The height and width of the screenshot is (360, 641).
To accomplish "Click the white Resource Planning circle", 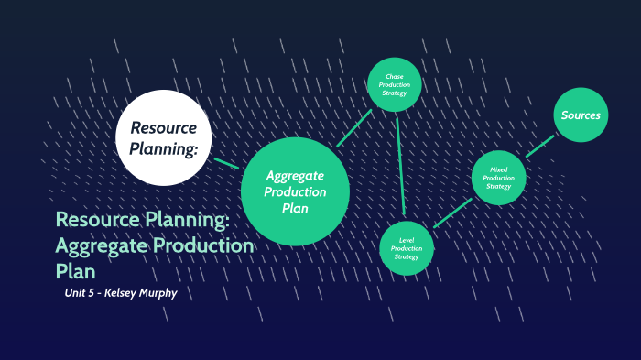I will (x=164, y=137).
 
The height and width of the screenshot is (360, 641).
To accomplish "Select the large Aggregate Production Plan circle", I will (x=295, y=191).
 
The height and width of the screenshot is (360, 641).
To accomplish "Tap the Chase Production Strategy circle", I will (x=395, y=85).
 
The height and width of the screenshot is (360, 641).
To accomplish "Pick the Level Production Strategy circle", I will (x=406, y=247).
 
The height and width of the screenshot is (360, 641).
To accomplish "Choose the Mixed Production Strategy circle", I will (x=499, y=177).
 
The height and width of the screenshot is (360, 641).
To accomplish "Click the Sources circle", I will (x=581, y=115).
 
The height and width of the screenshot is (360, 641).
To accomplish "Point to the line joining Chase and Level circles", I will (x=400, y=165).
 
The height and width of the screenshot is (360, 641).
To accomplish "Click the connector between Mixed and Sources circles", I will (x=540, y=147).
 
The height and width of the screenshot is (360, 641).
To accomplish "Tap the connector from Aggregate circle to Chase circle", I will (x=353, y=128).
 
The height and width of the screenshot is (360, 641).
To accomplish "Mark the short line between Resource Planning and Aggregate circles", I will (x=225, y=163).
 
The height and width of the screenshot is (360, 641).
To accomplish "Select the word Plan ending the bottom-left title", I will (x=75, y=272).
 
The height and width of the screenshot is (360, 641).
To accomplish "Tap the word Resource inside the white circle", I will (x=166, y=126).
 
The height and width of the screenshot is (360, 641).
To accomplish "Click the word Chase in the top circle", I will (x=395, y=76).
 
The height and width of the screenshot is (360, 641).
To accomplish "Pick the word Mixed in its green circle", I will (x=499, y=169).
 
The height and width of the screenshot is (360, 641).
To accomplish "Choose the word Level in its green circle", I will (x=406, y=239).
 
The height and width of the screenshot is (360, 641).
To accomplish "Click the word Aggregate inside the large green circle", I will (x=295, y=176).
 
